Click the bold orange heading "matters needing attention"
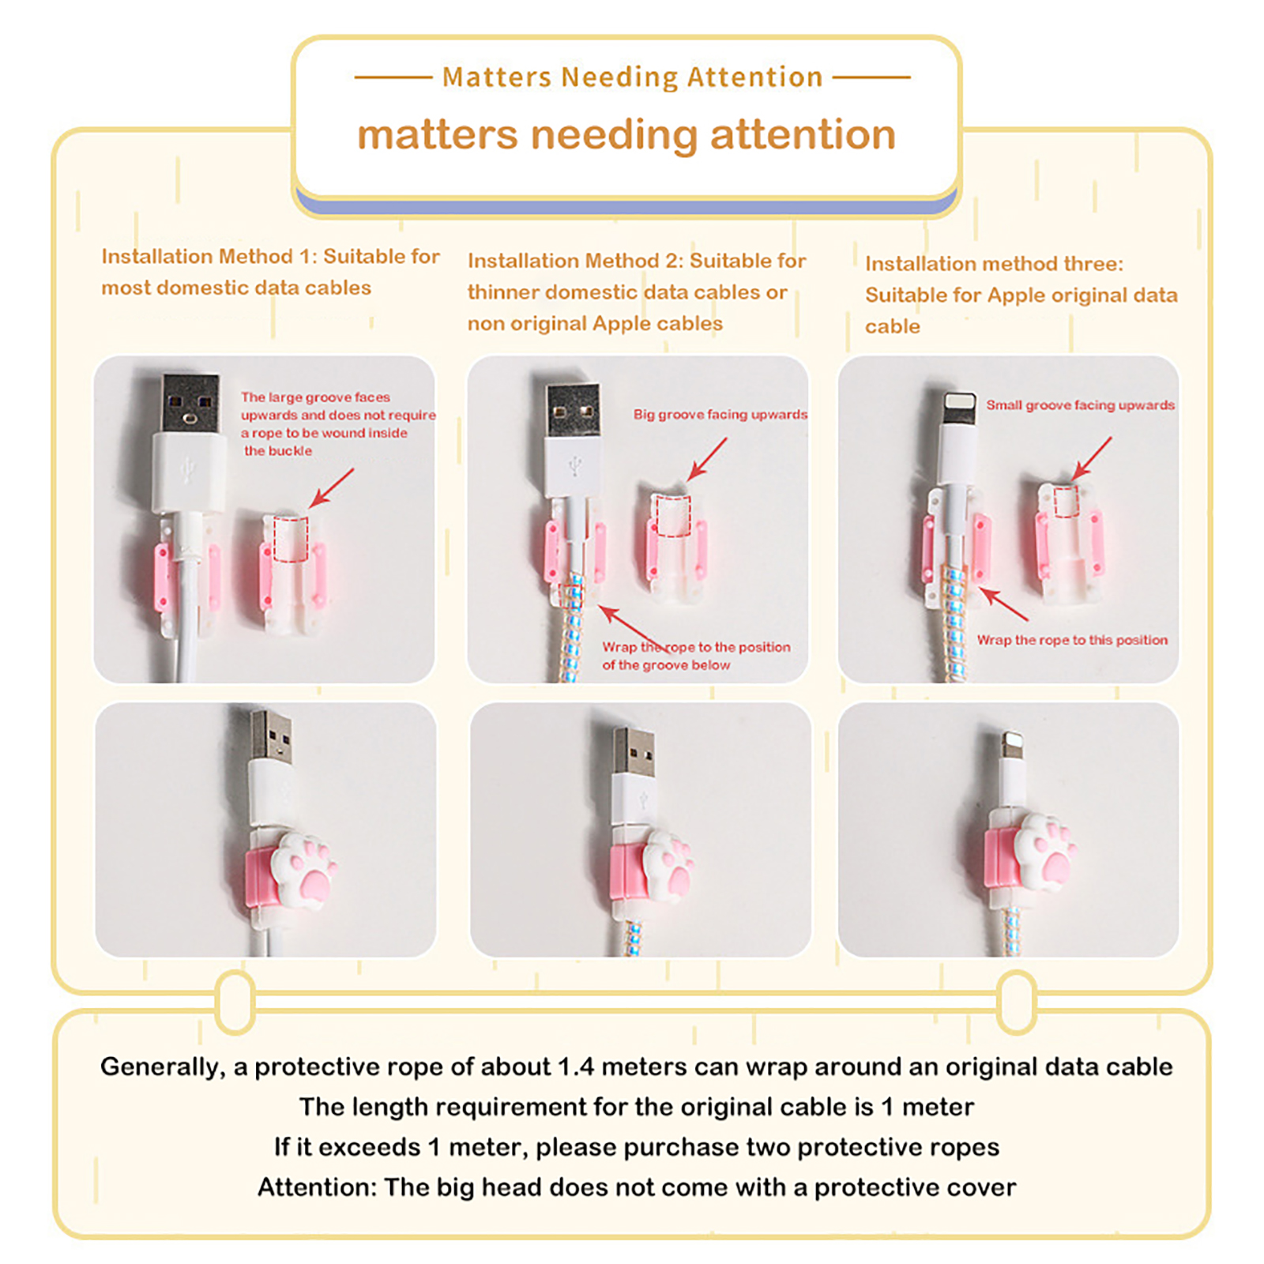click(x=626, y=135)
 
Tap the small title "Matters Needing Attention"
click(x=633, y=77)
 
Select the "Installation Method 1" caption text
click(x=270, y=272)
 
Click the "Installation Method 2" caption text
click(x=637, y=292)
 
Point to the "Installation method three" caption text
click(x=1021, y=295)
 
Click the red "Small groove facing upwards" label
click(x=1080, y=405)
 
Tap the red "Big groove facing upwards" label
click(x=720, y=415)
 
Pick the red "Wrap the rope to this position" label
click(x=1072, y=640)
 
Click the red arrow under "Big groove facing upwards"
click(x=707, y=459)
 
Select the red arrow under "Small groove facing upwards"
click(x=1092, y=458)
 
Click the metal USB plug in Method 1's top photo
click(x=190, y=403)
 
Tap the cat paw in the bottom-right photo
click(x=1044, y=852)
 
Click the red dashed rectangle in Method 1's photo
click(x=291, y=539)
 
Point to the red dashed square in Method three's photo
click(x=1066, y=502)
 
